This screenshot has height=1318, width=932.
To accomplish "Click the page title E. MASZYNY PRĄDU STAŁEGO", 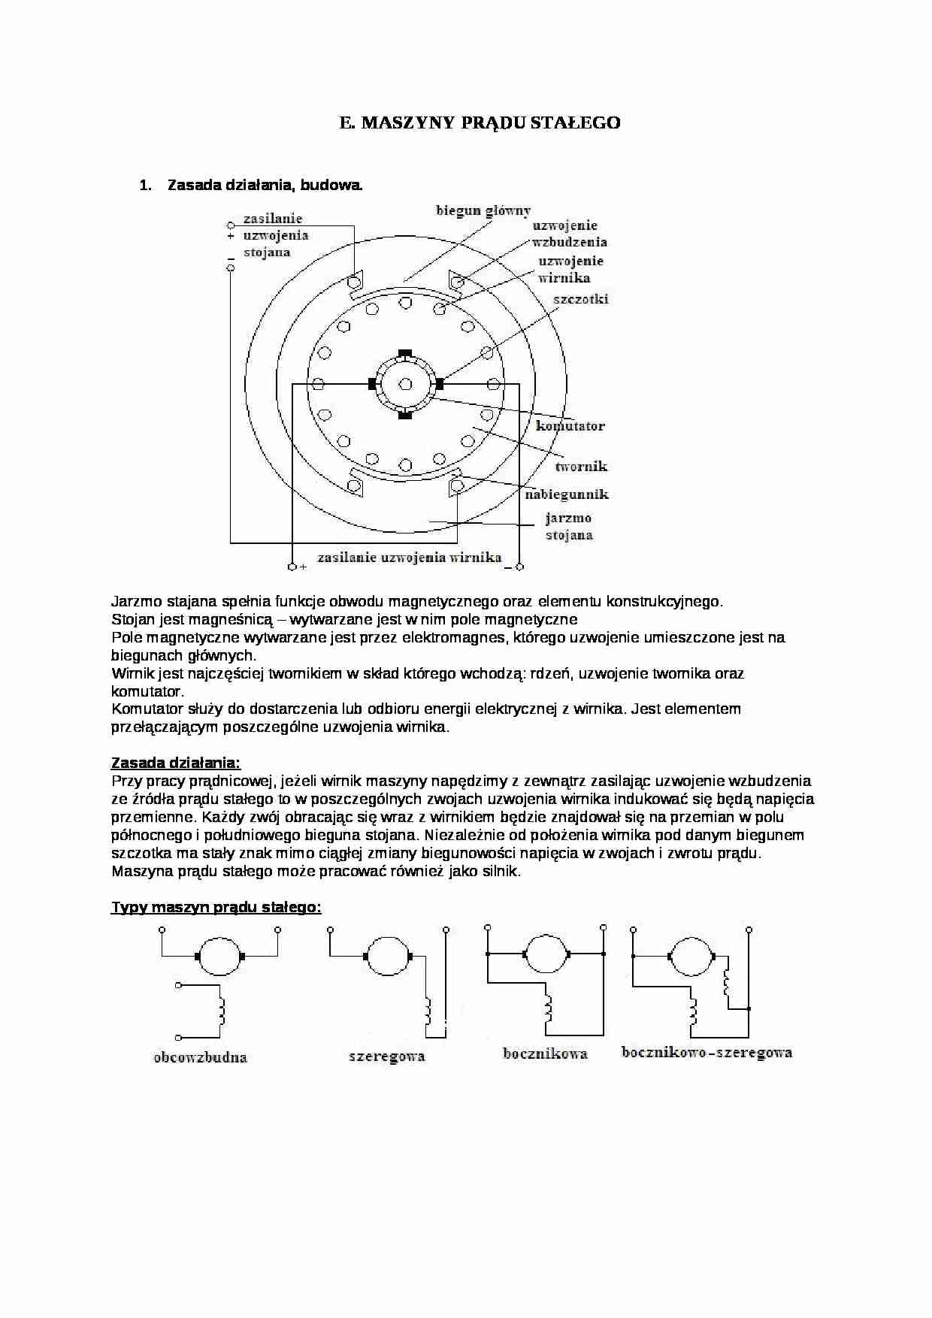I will pyautogui.click(x=480, y=123).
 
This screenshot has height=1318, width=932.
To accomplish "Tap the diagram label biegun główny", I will pyautogui.click(x=483, y=210).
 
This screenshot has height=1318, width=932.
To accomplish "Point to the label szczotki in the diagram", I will pyautogui.click(x=580, y=299).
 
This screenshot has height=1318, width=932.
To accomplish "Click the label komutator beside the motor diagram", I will pyautogui.click(x=570, y=426).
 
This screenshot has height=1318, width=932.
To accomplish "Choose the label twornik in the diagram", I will pyautogui.click(x=581, y=467).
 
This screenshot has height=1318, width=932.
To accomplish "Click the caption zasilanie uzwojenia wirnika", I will pyautogui.click(x=409, y=558).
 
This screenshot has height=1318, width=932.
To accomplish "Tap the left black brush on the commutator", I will pyautogui.click(x=372, y=384).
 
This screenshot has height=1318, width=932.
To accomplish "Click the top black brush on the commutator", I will pyautogui.click(x=405, y=352).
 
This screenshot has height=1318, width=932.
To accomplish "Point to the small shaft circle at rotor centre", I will pyautogui.click(x=405, y=385).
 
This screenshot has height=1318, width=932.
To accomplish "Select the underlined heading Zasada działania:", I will pyautogui.click(x=176, y=763).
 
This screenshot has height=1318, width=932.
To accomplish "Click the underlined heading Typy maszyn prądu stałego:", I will pyautogui.click(x=216, y=907).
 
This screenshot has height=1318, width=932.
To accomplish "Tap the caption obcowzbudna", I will pyautogui.click(x=200, y=1057).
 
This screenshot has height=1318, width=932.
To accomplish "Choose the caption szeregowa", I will pyautogui.click(x=386, y=1057).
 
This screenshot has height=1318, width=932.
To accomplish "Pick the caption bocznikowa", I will pyautogui.click(x=545, y=1053).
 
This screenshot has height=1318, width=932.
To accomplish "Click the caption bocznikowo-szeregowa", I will pyautogui.click(x=707, y=1052).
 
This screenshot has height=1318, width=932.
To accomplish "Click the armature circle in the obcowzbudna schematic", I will pyautogui.click(x=221, y=957).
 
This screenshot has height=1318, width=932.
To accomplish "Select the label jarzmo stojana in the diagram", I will pyautogui.click(x=569, y=527).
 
